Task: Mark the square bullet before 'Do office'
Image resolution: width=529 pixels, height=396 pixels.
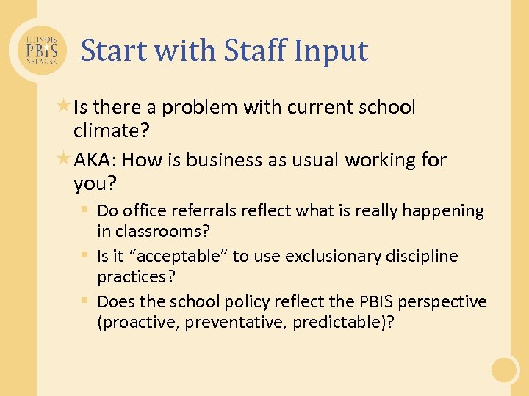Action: coord(86,210)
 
